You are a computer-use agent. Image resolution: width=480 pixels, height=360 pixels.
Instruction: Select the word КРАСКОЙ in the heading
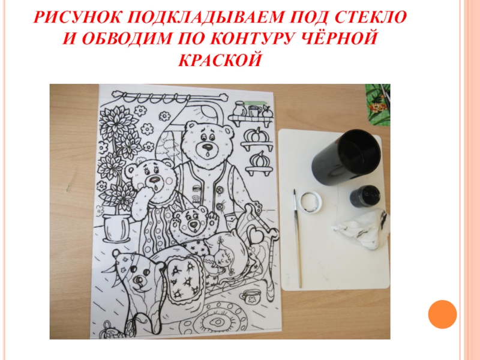[x=220, y=59]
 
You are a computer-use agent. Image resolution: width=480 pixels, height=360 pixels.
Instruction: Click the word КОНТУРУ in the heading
[x=256, y=39]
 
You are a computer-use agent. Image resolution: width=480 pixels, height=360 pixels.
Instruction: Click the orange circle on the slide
[x=442, y=314]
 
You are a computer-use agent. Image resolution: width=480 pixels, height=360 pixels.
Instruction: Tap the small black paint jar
[x=365, y=196]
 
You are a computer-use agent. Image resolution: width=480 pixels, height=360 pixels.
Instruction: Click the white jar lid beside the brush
[x=310, y=202]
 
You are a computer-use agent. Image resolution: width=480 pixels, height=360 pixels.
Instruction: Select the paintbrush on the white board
[x=297, y=239]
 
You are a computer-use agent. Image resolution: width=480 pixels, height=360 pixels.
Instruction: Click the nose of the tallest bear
[x=208, y=146]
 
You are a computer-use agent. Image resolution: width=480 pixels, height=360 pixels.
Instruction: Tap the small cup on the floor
[x=248, y=296]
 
